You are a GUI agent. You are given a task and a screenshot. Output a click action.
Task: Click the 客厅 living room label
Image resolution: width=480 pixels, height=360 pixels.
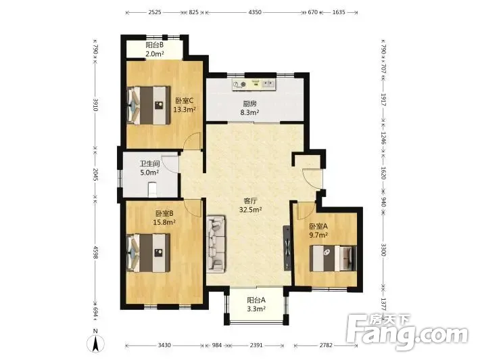250,201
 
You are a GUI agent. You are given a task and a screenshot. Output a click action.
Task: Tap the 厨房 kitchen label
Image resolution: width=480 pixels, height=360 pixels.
250,104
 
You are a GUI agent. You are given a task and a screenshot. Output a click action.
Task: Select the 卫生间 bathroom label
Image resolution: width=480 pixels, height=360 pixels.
149,164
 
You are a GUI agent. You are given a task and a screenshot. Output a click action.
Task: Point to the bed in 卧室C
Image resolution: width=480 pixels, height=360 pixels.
149,106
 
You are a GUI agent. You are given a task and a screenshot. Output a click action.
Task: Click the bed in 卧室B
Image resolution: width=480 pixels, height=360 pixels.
149,253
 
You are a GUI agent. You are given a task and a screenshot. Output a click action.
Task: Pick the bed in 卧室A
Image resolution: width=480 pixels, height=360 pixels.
333,258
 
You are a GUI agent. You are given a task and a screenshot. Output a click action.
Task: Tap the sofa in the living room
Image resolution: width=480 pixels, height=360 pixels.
216,244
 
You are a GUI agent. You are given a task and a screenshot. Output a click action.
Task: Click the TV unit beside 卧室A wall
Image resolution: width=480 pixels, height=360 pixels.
287,248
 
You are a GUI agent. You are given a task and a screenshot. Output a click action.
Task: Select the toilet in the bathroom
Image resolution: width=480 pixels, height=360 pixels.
152,190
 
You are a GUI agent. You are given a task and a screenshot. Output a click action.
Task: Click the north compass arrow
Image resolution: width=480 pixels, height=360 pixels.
95,344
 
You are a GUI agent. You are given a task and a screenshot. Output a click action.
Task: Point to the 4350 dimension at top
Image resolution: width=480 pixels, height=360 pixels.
255,12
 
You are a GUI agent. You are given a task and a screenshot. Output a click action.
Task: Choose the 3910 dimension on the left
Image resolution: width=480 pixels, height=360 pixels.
95,105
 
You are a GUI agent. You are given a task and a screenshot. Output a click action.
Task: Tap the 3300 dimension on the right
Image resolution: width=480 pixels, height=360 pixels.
383,249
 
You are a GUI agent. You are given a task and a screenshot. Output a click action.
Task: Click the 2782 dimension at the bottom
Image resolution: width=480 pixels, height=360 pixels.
326,345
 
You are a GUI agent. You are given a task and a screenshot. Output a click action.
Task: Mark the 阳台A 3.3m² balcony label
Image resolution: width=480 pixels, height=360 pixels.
256,305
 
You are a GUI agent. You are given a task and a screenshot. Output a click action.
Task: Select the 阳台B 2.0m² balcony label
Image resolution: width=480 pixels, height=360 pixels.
155,49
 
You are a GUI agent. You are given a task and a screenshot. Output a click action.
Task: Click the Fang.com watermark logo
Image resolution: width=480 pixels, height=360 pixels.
407,332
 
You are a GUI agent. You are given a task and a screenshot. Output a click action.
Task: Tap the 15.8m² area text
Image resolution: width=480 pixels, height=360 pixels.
164,222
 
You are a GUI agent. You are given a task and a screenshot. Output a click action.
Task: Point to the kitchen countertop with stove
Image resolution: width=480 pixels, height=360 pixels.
254,85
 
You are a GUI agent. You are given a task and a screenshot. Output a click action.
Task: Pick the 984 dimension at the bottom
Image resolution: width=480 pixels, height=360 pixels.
217,345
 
